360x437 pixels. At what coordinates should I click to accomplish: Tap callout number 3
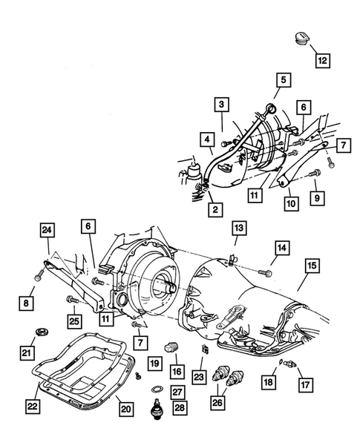[221, 105]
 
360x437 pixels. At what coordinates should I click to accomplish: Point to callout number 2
[215, 211]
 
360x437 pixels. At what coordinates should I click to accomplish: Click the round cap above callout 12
[303, 39]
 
